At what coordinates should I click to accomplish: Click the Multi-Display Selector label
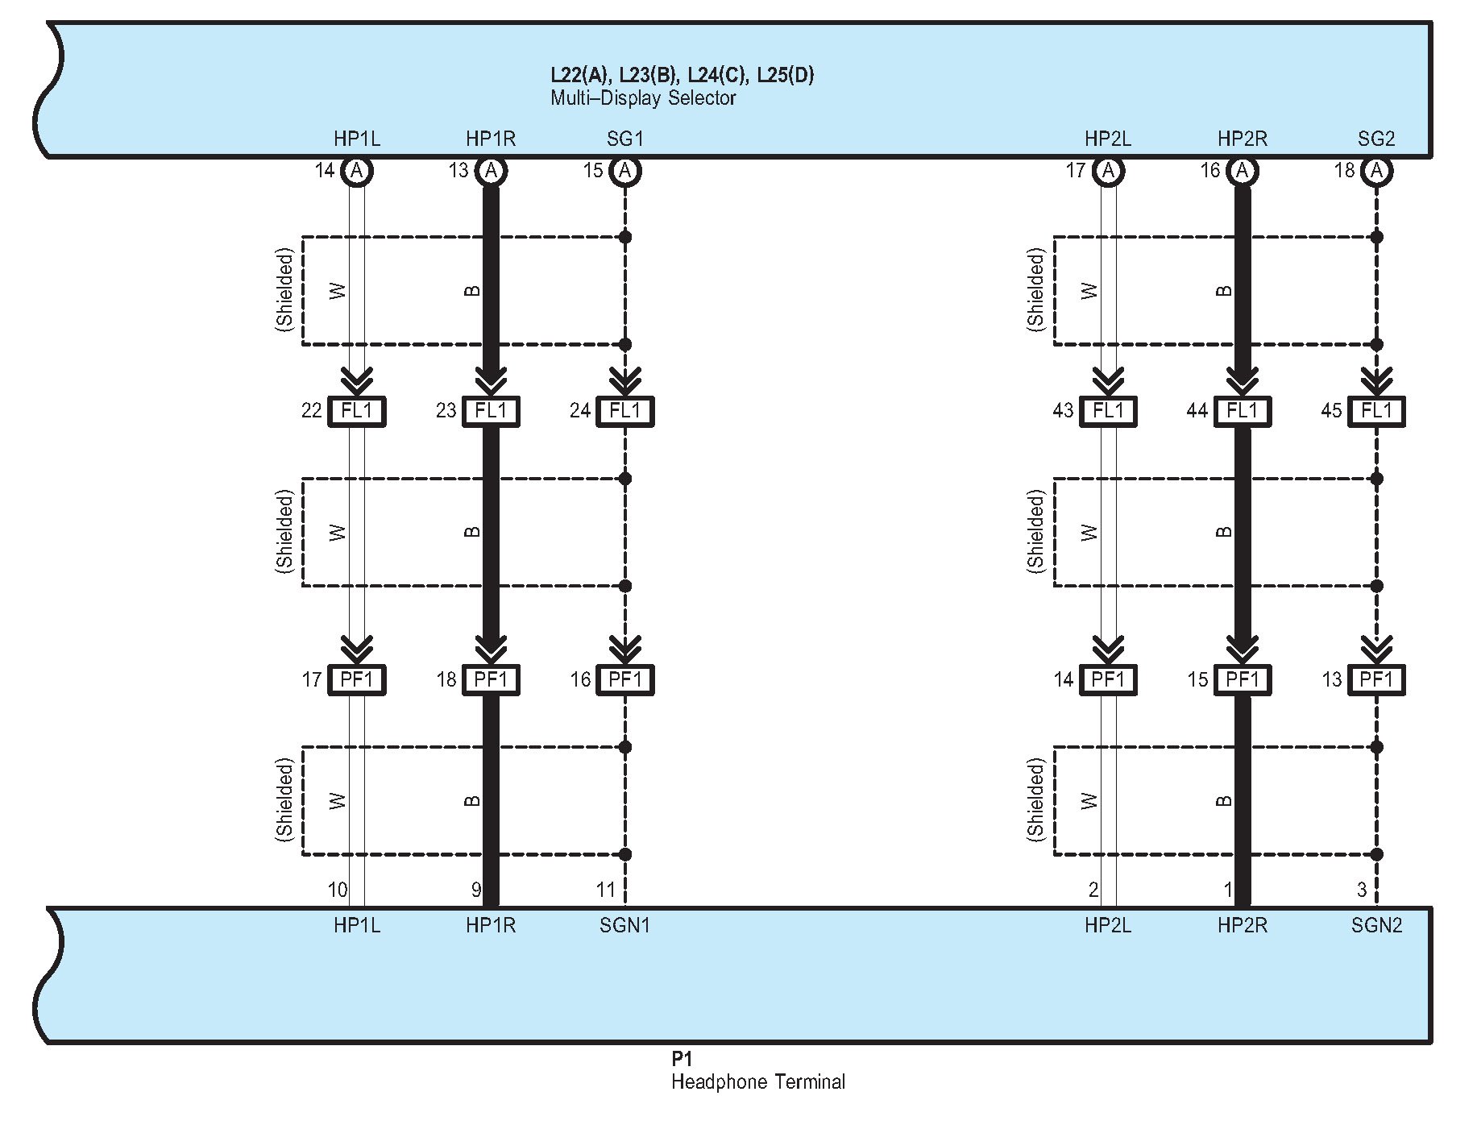click(643, 98)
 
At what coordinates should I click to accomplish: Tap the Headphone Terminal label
click(757, 1081)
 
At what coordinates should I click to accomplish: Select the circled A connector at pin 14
click(357, 171)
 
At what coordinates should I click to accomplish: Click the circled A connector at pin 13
click(491, 171)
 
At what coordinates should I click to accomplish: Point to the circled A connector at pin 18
click(1376, 171)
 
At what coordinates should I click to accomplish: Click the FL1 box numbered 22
click(357, 411)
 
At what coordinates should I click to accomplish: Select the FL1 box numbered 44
click(1242, 411)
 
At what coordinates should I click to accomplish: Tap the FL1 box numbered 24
click(624, 411)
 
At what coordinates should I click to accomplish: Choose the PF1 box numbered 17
click(357, 679)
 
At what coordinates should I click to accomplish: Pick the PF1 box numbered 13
click(1376, 679)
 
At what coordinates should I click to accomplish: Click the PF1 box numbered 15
click(1242, 679)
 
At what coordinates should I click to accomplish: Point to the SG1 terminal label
click(624, 139)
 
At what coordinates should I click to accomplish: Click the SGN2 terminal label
click(1376, 925)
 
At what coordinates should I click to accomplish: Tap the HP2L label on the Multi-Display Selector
click(1107, 139)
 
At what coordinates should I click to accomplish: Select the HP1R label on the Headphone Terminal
click(490, 925)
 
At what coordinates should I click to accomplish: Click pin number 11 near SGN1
click(605, 890)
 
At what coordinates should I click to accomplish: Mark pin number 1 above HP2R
click(1228, 890)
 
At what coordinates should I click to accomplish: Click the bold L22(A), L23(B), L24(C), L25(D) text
click(682, 75)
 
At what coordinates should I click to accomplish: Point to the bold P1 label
click(681, 1059)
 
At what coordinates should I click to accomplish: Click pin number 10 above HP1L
click(338, 890)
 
